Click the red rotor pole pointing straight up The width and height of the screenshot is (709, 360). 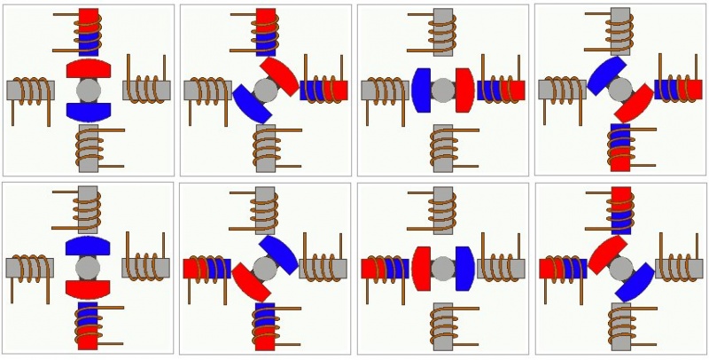pos(88,68)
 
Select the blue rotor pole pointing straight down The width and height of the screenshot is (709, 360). pos(88,112)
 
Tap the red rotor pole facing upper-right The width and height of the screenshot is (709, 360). pos(280,75)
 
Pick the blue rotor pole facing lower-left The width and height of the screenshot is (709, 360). pos(251,105)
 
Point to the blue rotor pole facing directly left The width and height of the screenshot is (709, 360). pos(421,90)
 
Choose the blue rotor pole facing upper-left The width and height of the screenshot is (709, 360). pos(604,75)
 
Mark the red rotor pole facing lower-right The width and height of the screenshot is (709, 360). pos(635,105)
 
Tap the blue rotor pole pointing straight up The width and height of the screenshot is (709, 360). pos(88,246)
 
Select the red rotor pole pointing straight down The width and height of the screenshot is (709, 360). pos(88,289)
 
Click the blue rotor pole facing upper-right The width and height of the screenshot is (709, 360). pos(280,253)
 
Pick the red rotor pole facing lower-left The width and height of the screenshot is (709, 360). pos(251,282)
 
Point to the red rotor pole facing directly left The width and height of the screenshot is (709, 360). pos(421,268)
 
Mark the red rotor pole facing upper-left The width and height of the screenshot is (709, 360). pos(605,253)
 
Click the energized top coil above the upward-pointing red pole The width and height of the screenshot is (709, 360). pos(89,31)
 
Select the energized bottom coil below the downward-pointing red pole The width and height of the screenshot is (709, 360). pos(88,325)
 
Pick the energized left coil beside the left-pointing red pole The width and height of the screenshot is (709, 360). pos(384,268)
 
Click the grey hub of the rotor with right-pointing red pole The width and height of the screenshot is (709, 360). pos(442,90)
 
